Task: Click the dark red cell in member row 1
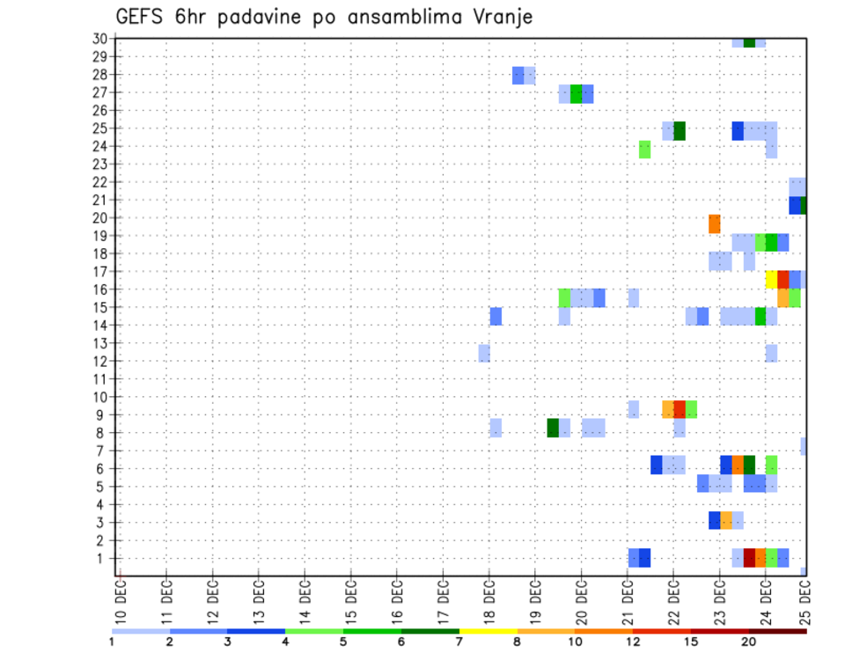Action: (749, 558)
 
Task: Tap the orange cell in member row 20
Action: (715, 224)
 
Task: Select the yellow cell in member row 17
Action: (772, 279)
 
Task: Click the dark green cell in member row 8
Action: (553, 428)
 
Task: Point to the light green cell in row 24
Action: (645, 150)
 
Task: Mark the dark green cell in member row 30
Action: (749, 42)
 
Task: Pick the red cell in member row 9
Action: (680, 409)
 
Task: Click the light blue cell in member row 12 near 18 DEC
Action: (484, 353)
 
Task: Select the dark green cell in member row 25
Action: (680, 131)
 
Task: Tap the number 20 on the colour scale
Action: (749, 641)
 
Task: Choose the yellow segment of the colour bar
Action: (489, 631)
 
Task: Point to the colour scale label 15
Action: (692, 641)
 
